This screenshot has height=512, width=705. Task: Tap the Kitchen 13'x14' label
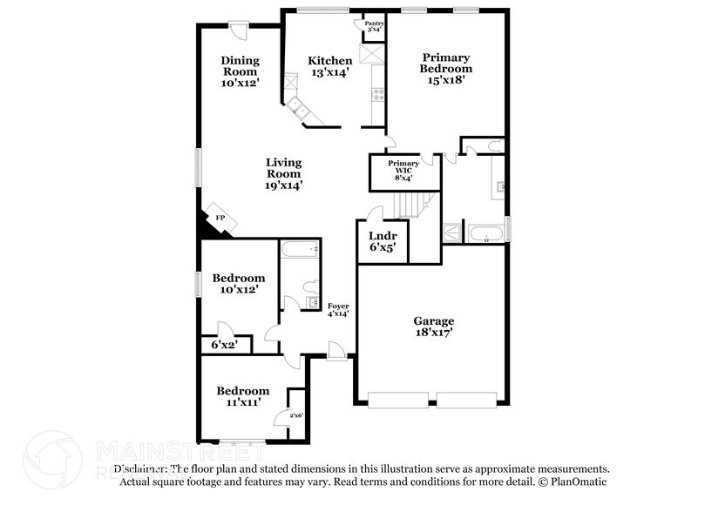coord(330,66)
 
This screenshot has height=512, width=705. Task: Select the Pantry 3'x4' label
coord(373,27)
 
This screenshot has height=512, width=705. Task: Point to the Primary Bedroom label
coord(445,68)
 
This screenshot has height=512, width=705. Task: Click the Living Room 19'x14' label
coord(283,173)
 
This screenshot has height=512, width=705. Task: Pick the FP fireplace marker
coord(220,218)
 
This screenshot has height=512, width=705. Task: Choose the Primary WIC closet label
coord(403,170)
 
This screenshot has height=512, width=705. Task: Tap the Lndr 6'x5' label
coord(382,241)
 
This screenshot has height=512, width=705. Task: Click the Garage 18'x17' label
coord(433,327)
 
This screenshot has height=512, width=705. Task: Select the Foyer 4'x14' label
coord(338,309)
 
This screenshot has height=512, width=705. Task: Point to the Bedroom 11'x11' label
coord(243,397)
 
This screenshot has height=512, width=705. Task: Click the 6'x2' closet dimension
coord(225,345)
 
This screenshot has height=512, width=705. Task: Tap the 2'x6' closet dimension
coord(296,416)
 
